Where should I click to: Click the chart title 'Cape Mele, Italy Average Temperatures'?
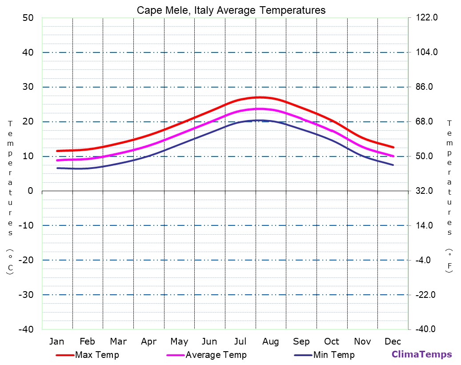(x=231, y=10)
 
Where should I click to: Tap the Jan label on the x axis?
(x=56, y=341)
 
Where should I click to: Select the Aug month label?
(x=270, y=341)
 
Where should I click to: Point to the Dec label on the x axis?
(x=393, y=341)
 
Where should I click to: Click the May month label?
(x=179, y=341)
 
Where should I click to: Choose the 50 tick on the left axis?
(x=28, y=18)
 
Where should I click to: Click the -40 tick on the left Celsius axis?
(x=25, y=329)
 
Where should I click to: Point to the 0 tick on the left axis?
(x=30, y=191)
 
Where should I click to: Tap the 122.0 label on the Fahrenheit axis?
(x=427, y=18)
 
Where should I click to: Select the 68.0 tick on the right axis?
(x=427, y=121)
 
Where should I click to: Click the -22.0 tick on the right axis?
(x=427, y=295)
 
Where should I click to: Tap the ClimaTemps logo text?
(x=421, y=355)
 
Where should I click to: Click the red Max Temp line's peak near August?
(x=260, y=97)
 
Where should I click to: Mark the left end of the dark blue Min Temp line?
(x=57, y=168)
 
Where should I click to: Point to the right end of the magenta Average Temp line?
(x=393, y=156)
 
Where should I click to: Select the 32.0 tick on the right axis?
(x=427, y=191)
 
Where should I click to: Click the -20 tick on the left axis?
(x=25, y=260)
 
